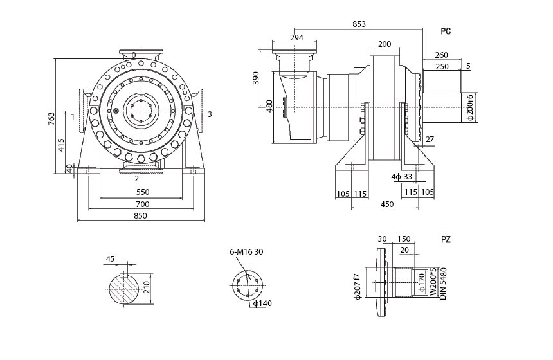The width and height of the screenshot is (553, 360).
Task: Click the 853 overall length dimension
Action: pyautogui.click(x=359, y=24)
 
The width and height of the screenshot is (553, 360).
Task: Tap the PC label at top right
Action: pyautogui.click(x=446, y=32)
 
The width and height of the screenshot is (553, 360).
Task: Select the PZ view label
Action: pyautogui.click(x=446, y=240)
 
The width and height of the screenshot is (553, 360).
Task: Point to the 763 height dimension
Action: pyautogui.click(x=51, y=118)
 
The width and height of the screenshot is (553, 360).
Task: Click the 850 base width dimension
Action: pyautogui.click(x=140, y=216)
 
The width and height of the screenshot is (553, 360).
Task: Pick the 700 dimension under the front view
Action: pyautogui.click(x=143, y=204)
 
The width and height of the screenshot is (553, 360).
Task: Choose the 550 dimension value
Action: pyautogui.click(x=143, y=192)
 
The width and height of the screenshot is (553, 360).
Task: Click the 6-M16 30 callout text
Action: pyautogui.click(x=246, y=252)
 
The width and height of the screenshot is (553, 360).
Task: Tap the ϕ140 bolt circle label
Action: pyautogui.click(x=262, y=303)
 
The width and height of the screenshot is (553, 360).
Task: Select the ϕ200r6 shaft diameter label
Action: pyautogui.click(x=470, y=107)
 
